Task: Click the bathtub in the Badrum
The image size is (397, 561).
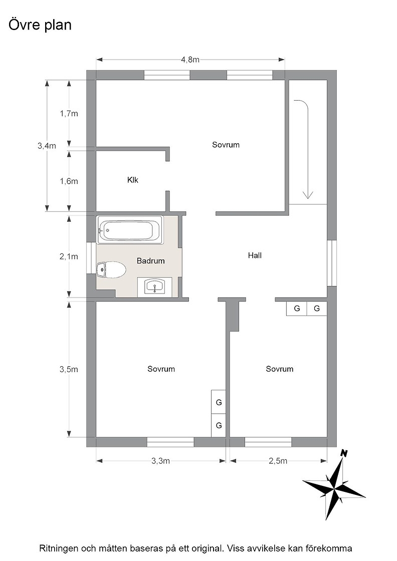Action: coord(130,230)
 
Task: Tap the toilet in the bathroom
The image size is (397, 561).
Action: coord(111,269)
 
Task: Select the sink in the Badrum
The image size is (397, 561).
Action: coord(155,286)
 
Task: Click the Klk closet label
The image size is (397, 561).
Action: coord(133,180)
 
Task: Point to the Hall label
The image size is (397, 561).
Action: coord(255,255)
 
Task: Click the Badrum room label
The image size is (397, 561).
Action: coord(151,261)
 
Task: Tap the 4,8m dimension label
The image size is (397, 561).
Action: coord(190,60)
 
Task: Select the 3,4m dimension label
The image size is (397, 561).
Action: coord(47,146)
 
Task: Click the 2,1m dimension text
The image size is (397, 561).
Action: coord(69,256)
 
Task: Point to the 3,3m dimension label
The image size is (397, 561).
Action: coord(160,461)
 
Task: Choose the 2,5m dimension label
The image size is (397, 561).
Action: coord(278,461)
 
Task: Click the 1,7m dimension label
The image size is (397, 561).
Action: coord(69,114)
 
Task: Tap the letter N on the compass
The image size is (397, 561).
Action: coord(344,453)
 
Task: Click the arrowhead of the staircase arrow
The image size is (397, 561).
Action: coord(308,195)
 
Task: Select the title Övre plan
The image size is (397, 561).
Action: coord(40,25)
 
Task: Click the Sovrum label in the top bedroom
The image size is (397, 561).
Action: coord(226,145)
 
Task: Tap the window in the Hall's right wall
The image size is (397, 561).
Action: coord(332,263)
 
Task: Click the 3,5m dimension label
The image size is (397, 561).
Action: coord(69,369)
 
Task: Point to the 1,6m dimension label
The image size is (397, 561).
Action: coord(69,181)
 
